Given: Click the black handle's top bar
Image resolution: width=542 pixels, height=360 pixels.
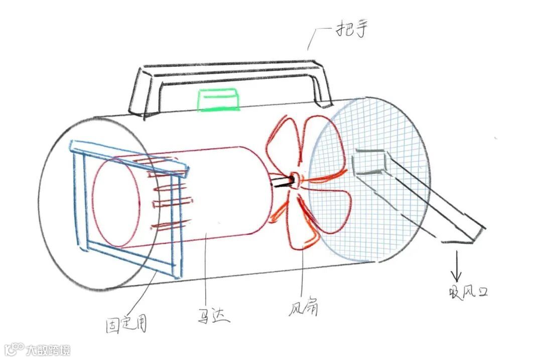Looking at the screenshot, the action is [231, 69].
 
